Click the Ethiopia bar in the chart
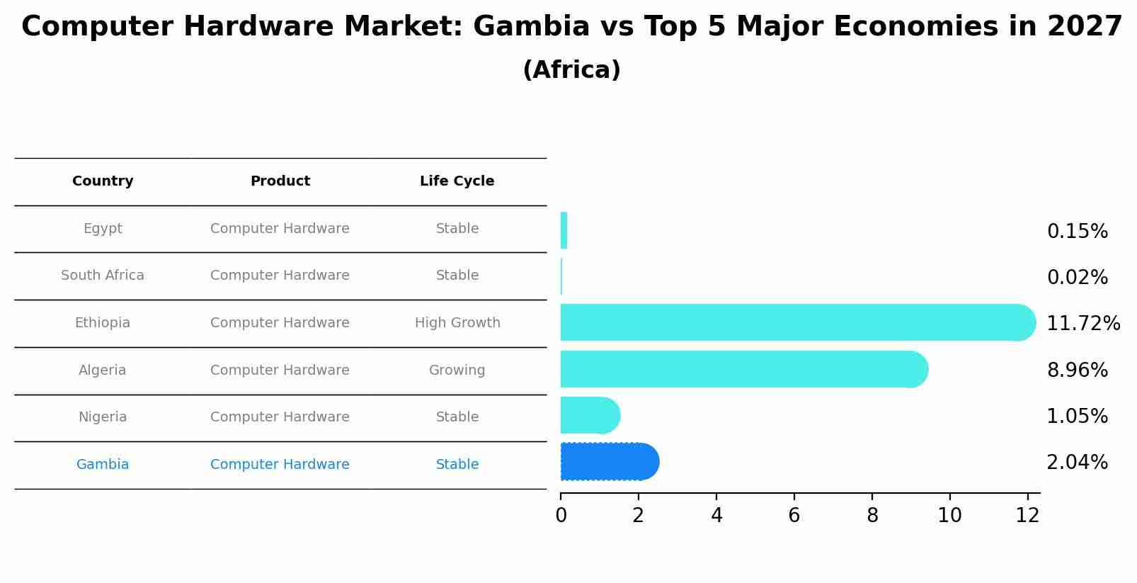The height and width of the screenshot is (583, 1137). click(793, 322)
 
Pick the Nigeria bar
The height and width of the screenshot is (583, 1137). click(588, 415)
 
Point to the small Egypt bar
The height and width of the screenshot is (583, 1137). click(564, 230)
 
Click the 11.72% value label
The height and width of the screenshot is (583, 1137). click(1082, 324)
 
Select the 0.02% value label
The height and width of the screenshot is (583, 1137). click(1077, 278)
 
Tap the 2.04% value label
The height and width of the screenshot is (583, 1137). click(1077, 463)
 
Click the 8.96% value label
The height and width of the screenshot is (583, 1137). click(1077, 370)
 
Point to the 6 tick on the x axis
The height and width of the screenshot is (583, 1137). click(794, 516)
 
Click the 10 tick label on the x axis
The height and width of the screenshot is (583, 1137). click(949, 516)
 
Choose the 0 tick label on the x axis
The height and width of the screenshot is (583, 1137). click(561, 516)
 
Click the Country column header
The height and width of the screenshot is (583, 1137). click(103, 181)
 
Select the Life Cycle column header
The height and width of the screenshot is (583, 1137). click(457, 181)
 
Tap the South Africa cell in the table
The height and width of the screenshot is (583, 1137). click(103, 276)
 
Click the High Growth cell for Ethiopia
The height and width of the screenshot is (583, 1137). click(457, 323)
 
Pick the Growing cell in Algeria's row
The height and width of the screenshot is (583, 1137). click(457, 370)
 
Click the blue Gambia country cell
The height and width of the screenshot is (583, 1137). click(103, 465)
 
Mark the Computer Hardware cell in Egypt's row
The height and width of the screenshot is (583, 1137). click(280, 229)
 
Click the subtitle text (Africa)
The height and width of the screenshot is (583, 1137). click(571, 70)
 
